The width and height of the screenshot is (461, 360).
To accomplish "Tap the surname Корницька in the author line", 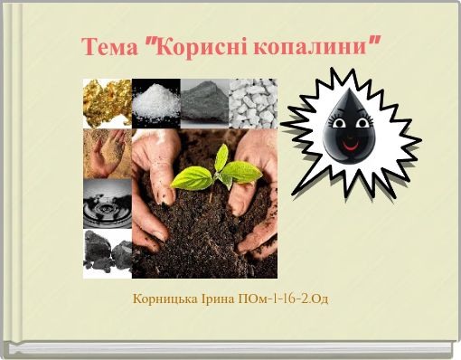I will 165,298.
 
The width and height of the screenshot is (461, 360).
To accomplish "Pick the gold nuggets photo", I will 108,102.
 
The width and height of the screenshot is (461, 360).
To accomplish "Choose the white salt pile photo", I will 155,102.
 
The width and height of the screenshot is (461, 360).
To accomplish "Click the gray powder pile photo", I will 203,102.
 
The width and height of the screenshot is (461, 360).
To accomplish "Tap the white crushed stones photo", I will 252,102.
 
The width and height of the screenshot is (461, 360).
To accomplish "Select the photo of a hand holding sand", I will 108,152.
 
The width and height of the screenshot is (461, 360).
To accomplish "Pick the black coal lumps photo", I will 108,252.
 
